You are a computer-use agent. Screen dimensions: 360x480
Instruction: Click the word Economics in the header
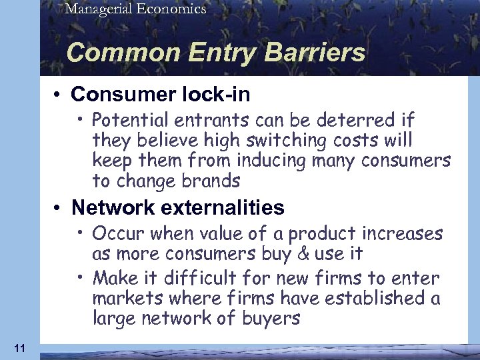tap(171, 9)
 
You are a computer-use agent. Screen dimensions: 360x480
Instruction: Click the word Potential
tap(128, 121)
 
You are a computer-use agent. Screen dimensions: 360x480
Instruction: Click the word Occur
tap(115, 234)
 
